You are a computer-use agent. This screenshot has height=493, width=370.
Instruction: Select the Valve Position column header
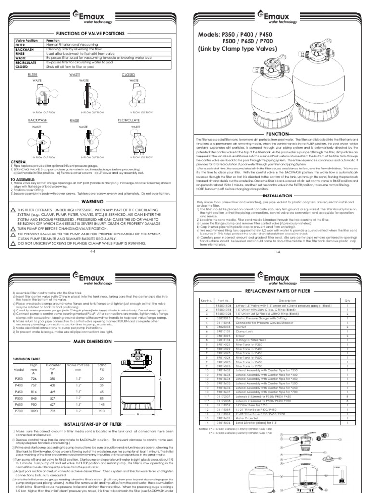click(24, 41)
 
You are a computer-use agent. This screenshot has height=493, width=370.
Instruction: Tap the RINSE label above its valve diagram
click(74, 121)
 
